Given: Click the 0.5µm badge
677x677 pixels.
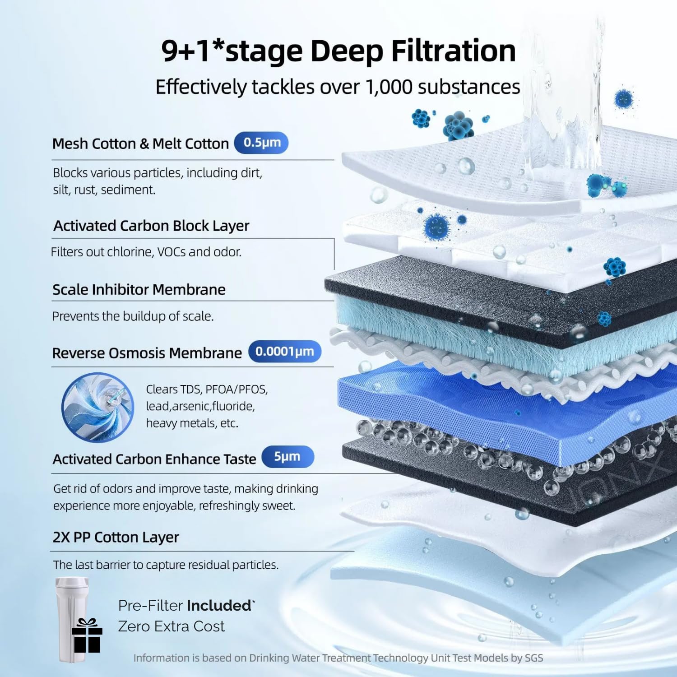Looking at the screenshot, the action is click(x=261, y=143).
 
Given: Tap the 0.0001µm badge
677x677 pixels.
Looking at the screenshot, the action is click(x=285, y=352).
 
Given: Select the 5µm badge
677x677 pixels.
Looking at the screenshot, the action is click(x=287, y=457).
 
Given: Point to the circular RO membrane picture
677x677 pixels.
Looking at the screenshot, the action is click(x=97, y=407).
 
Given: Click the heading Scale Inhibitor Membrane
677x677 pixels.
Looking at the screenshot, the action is click(x=139, y=289).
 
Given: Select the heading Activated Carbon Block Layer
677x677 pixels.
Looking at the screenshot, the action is click(x=151, y=226).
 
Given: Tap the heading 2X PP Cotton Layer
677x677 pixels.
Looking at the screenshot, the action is click(x=116, y=538).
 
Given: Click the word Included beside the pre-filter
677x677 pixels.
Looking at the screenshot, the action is click(x=219, y=605).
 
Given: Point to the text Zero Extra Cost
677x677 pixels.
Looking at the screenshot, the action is click(x=172, y=626).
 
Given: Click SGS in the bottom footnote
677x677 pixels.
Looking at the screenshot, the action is click(x=534, y=658).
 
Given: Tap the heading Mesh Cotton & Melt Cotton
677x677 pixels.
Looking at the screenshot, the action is click(x=141, y=144).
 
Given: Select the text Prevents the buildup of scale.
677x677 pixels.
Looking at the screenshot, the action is click(x=133, y=316).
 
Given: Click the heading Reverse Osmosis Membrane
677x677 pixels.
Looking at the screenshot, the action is click(x=147, y=353).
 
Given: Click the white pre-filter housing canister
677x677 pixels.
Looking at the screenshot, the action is click(x=72, y=619).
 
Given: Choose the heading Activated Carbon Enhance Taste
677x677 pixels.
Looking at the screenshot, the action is click(x=154, y=459).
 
